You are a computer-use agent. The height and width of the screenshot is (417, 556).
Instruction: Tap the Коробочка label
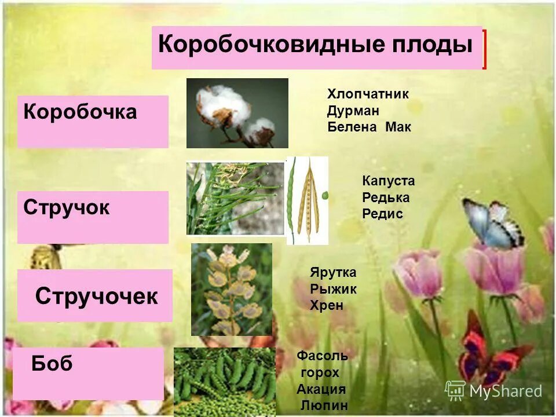[x=80, y=112]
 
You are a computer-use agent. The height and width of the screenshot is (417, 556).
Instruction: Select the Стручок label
[x=67, y=208]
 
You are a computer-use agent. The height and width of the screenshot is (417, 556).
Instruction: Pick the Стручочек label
[x=96, y=297]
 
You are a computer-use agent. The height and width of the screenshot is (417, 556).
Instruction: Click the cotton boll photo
[x=237, y=113]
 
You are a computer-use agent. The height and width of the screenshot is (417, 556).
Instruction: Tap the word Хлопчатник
[x=368, y=94]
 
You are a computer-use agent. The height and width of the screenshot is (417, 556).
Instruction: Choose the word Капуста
[x=388, y=181]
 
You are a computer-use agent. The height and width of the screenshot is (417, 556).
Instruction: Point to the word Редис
[x=382, y=214]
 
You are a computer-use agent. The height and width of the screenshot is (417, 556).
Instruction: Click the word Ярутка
[x=333, y=273]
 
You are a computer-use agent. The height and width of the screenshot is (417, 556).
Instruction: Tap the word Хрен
[x=327, y=305]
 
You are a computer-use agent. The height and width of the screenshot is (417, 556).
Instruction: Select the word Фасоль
[x=322, y=356]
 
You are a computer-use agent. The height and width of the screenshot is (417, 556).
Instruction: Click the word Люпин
[x=324, y=405]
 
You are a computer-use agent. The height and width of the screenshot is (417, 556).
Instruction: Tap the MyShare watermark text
[x=505, y=392]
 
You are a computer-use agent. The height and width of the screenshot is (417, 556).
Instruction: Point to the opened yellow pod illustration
[x=307, y=200]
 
